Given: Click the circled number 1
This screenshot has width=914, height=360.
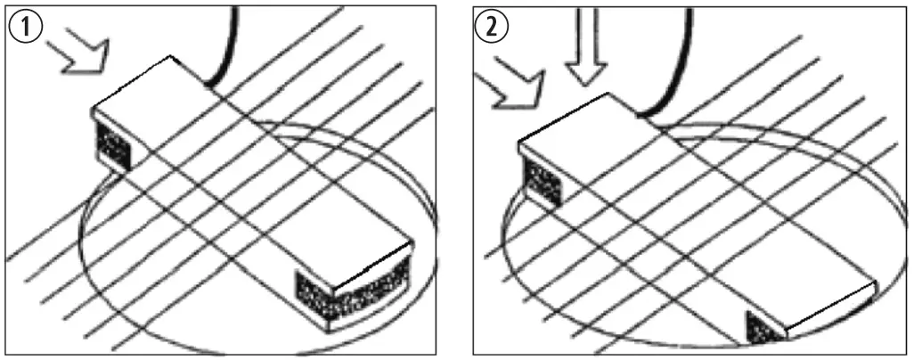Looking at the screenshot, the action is (25, 29).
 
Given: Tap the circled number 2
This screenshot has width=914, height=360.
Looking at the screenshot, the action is (492, 29).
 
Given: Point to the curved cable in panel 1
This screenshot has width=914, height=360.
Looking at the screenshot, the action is (226, 50).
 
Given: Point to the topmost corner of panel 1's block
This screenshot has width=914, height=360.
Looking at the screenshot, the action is (170, 56).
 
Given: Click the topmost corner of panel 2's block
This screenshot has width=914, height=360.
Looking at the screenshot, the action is (608, 94).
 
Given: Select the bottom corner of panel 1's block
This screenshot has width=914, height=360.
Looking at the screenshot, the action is (328, 332).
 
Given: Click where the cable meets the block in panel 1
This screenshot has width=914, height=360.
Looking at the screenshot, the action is (207, 87).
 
